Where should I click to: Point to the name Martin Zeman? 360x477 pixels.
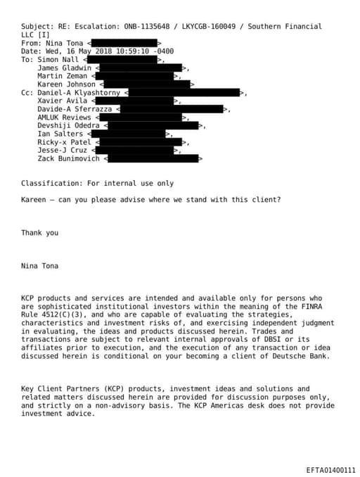coord(62,76)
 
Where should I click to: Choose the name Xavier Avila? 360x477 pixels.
coord(62,101)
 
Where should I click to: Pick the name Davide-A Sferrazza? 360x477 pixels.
coord(75,109)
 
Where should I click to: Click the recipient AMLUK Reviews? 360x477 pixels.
coord(64,117)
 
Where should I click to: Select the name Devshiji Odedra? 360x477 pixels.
coord(68,125)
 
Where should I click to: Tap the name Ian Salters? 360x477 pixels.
coord(60,134)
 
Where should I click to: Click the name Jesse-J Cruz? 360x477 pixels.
coord(62,150)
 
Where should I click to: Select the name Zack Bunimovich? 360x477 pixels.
coord(68,158)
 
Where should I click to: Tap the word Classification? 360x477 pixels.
coord(48,183)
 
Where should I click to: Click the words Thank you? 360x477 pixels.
coord(39,233)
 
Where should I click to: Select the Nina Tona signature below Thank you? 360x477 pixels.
coord(39,266)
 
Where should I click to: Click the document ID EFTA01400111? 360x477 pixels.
coord(330,469)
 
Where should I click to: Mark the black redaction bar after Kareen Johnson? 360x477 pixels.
coord(147,84)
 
